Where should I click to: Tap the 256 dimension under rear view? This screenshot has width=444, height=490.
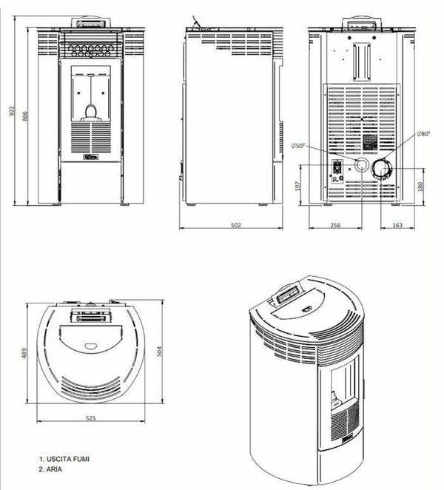click(334, 225)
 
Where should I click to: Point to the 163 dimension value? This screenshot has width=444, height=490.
click(397, 225)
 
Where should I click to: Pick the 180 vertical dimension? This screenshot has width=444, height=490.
click(421, 185)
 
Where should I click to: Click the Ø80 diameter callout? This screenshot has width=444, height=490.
click(423, 133)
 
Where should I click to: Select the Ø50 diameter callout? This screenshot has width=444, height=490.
click(300, 146)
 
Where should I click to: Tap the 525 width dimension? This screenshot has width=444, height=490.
click(91, 418)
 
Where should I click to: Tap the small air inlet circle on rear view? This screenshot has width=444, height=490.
click(362, 164)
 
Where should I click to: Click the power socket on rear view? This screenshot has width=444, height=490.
click(337, 170)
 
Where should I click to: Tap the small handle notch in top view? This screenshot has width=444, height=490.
click(90, 344)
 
